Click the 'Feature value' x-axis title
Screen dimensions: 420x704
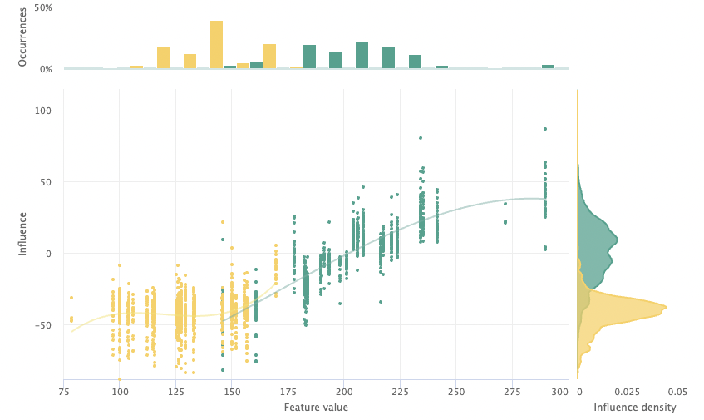316,408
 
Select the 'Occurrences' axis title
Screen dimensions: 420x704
23,37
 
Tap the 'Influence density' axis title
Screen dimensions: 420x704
634,408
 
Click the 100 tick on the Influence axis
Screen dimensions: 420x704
42,111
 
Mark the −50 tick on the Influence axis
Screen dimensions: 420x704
42,324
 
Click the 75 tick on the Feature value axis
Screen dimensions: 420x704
64,391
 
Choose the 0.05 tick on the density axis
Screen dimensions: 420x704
677,391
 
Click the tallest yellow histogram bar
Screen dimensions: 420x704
216,45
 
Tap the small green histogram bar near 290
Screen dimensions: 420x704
548,67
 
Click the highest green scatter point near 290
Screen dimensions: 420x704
545,129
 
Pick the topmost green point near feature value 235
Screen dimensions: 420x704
421,138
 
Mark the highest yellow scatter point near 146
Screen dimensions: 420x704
223,222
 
